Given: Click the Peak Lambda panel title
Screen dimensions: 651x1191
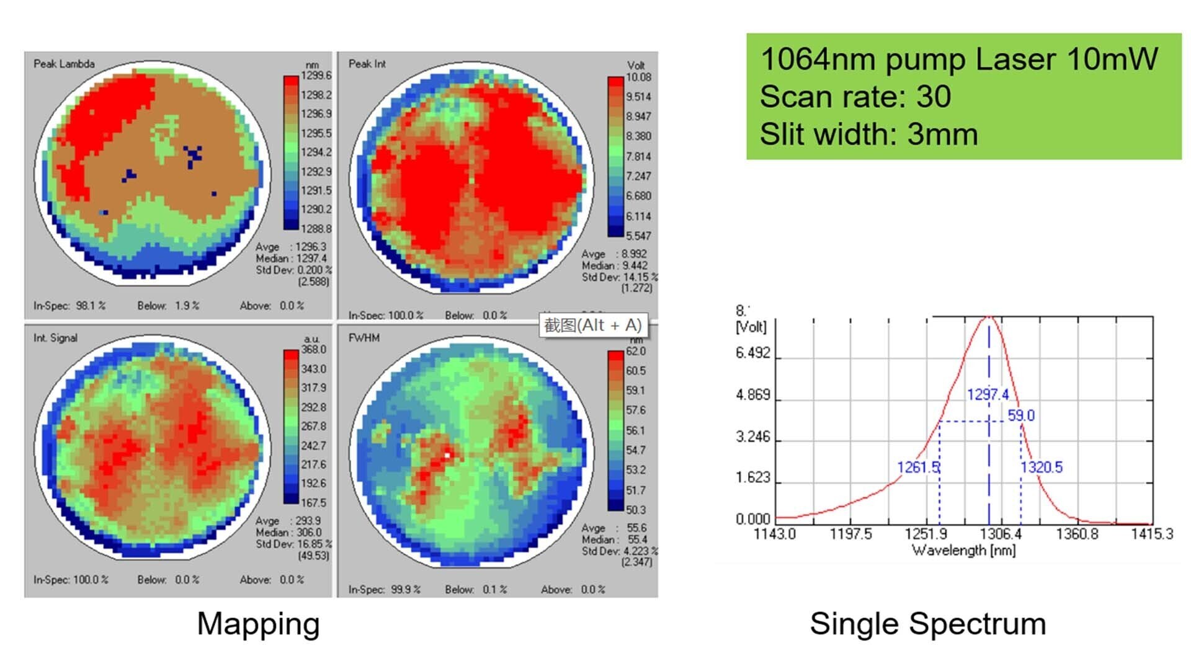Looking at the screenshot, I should (x=64, y=64).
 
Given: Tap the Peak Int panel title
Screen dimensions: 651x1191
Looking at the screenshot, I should (x=367, y=64).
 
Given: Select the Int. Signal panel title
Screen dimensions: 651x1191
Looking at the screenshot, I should (x=55, y=338).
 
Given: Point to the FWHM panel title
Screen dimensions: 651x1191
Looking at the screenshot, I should (x=364, y=338).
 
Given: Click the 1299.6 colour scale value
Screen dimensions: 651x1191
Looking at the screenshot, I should (x=316, y=76).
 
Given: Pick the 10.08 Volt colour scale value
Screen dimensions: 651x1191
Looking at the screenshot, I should (x=638, y=77).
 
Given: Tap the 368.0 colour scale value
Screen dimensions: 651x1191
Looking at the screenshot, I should (x=314, y=350).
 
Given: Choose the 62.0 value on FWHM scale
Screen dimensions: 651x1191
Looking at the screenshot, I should (x=636, y=352).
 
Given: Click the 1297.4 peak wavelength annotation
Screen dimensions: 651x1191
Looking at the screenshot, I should (x=988, y=394).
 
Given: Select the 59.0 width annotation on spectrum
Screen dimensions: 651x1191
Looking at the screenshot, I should (x=1021, y=415).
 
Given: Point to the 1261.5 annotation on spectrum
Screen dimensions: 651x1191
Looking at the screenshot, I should (x=918, y=467).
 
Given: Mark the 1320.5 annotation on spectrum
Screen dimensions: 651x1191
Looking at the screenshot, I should (x=1042, y=467).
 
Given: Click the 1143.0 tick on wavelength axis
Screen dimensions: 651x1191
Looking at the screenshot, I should (x=774, y=534).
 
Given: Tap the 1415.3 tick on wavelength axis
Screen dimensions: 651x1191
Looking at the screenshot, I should (x=1152, y=534).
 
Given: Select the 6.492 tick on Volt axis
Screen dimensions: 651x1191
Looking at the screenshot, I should (x=752, y=353).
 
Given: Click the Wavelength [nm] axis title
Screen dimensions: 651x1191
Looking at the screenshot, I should (x=963, y=550).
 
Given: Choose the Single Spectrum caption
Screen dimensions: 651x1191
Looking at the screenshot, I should (x=927, y=623).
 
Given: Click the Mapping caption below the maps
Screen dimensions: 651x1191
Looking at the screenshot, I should (x=258, y=623).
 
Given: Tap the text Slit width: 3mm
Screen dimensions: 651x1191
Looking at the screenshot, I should (x=868, y=134).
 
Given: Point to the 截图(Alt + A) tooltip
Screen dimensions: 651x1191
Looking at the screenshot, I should (x=592, y=325).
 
